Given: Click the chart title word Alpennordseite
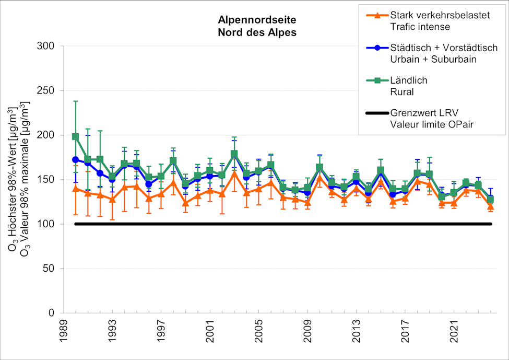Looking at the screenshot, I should (x=257, y=20).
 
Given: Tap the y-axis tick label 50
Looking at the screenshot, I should (x=51, y=269).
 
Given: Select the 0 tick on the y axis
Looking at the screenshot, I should (x=54, y=313).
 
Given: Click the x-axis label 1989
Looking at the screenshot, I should (x=63, y=334).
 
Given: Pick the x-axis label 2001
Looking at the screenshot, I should (x=209, y=334).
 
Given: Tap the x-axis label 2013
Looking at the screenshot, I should (x=356, y=334).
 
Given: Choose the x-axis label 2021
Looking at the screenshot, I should (x=454, y=334).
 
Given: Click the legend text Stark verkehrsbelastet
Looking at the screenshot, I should (x=440, y=16).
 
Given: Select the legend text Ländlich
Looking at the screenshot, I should (x=408, y=80).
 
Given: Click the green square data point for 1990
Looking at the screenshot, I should (x=76, y=137).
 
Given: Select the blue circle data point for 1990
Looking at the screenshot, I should (x=76, y=160).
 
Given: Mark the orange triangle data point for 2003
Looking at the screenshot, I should (x=234, y=173).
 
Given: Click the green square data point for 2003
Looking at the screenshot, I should (x=234, y=154).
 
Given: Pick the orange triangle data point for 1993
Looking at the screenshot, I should (x=112, y=199).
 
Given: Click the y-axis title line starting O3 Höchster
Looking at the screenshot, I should (x=12, y=178).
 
